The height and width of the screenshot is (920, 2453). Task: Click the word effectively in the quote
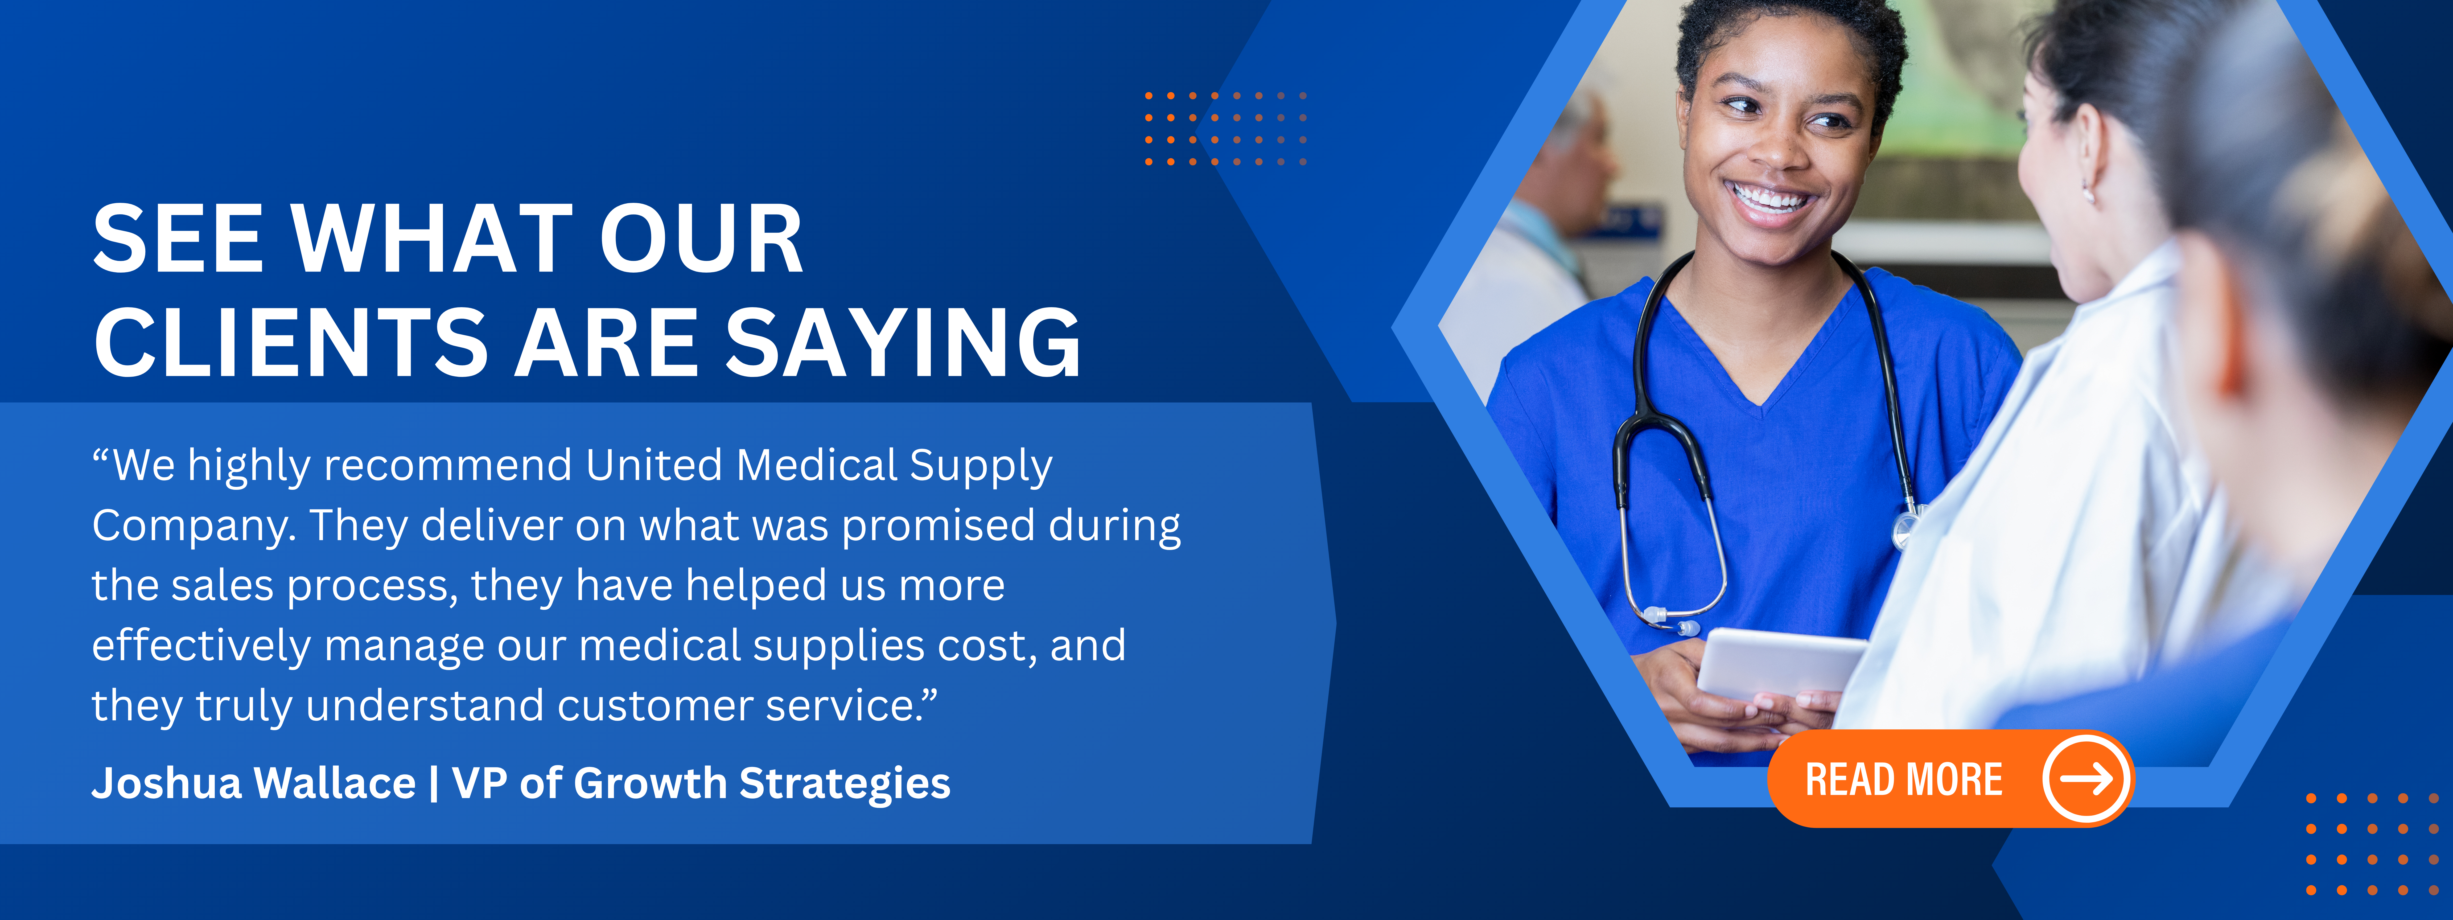click(x=201, y=646)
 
